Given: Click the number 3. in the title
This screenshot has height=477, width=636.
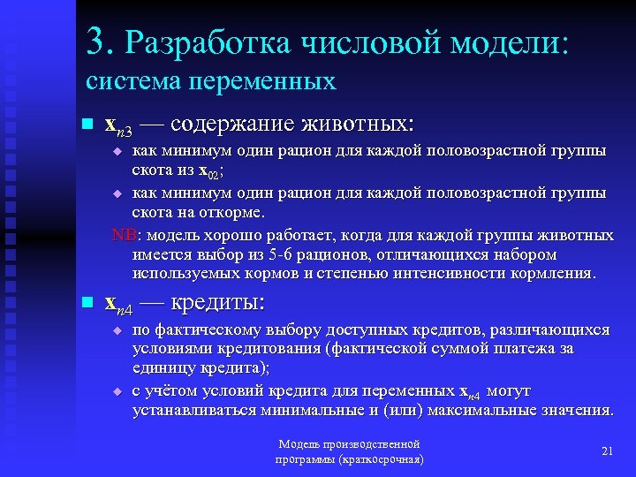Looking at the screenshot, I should (102, 41).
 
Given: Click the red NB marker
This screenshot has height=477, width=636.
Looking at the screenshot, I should (123, 236).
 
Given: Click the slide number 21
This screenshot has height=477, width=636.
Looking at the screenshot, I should (607, 451).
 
